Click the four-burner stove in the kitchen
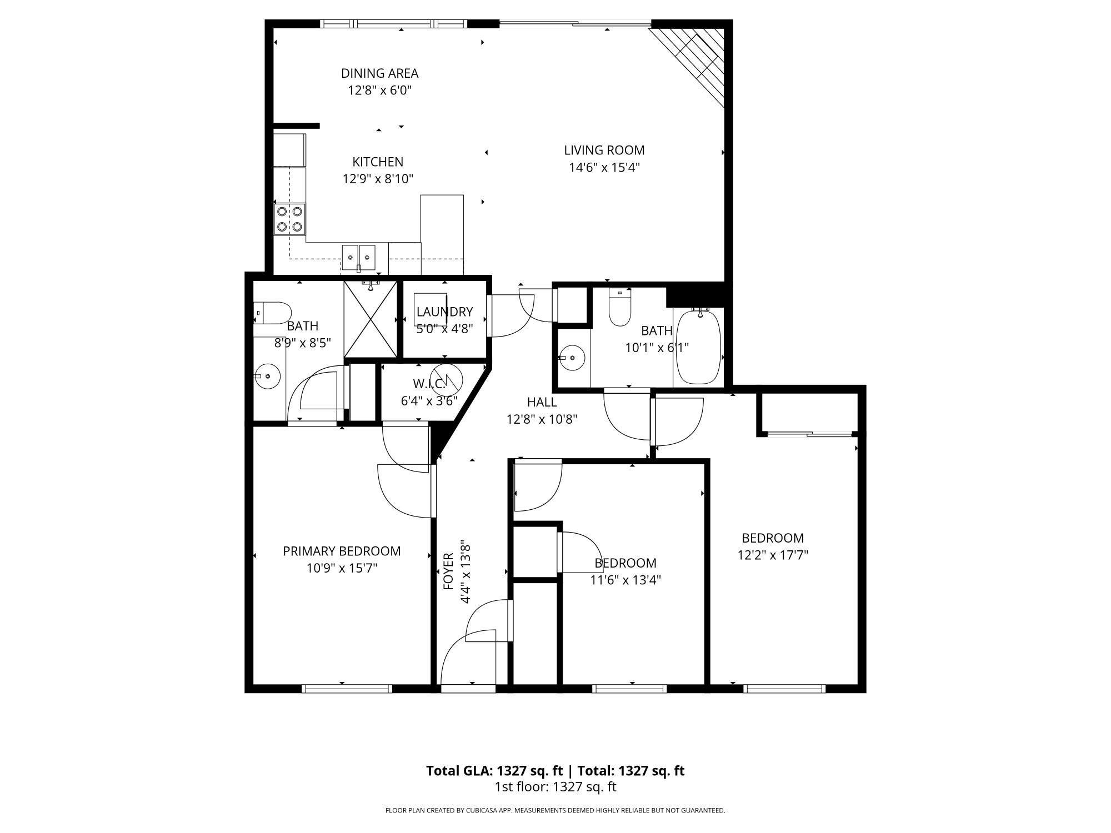click(x=289, y=219)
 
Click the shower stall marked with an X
click(x=371, y=319)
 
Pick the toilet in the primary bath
click(x=273, y=313)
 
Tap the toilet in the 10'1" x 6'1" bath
click(x=620, y=308)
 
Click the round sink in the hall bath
click(x=572, y=357)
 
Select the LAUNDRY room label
click(x=444, y=312)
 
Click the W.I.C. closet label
click(x=429, y=384)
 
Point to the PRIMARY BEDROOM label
click(x=342, y=551)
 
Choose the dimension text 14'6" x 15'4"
click(x=604, y=167)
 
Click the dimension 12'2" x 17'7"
click(x=773, y=555)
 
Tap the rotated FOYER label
click(x=449, y=571)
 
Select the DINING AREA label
click(x=379, y=73)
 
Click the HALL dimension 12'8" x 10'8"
click(x=542, y=419)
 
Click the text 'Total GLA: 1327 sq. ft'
click(x=494, y=771)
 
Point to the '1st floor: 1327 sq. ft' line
click(x=555, y=787)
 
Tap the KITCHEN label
click(x=378, y=162)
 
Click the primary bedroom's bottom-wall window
click(x=347, y=689)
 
